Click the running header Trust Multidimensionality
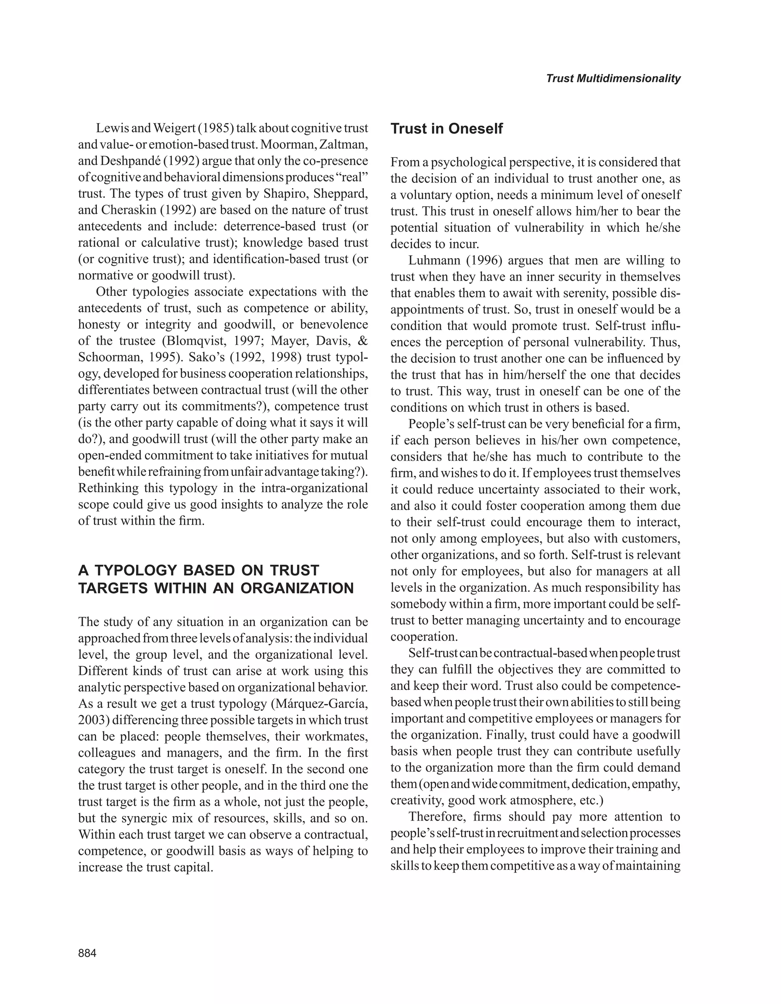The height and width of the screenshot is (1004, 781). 613,79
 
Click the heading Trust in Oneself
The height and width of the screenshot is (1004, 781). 446,129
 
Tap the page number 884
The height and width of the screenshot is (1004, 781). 87,953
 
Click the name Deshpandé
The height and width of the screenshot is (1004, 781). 127,161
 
